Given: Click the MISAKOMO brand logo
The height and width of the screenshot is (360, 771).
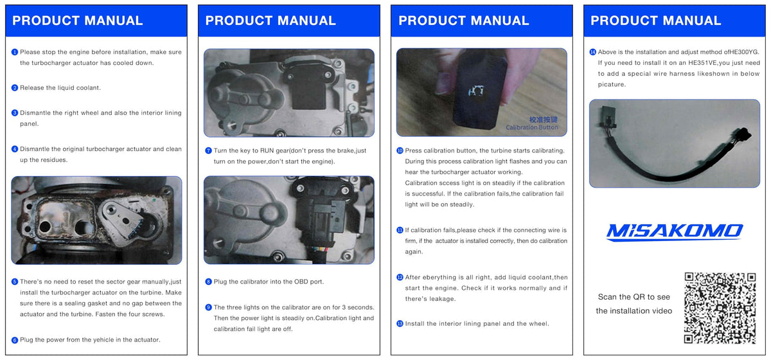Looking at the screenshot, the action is tap(674, 232).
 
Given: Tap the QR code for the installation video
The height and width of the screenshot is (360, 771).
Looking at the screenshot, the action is tap(720, 308).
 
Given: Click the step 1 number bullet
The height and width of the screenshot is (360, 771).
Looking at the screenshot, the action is tap(14, 52).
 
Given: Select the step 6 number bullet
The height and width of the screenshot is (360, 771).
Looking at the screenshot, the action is tap(14, 340).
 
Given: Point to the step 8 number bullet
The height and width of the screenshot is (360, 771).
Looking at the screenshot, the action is tap(208, 282).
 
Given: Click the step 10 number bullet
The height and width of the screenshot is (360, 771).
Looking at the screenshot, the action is tap(400, 150).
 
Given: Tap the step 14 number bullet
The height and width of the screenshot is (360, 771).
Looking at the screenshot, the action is tap(592, 52).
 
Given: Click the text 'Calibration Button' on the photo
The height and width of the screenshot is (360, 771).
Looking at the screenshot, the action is tap(532, 127).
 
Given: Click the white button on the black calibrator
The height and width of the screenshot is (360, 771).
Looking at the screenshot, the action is tap(476, 91).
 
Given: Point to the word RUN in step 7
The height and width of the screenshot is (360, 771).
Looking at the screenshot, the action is tap(267, 150).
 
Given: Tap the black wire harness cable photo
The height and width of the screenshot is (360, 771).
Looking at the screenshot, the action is tap(674, 143).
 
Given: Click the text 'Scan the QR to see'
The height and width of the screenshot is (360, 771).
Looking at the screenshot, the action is tap(634, 297).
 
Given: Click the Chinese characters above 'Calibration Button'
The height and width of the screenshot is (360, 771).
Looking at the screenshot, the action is tap(543, 120).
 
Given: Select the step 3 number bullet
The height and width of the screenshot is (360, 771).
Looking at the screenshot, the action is tap(14, 113).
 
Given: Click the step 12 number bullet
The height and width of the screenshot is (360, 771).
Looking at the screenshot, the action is tap(400, 277).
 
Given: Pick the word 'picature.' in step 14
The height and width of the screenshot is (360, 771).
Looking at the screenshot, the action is tap(612, 84).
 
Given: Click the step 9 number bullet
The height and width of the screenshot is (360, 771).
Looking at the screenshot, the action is tap(208, 307).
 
